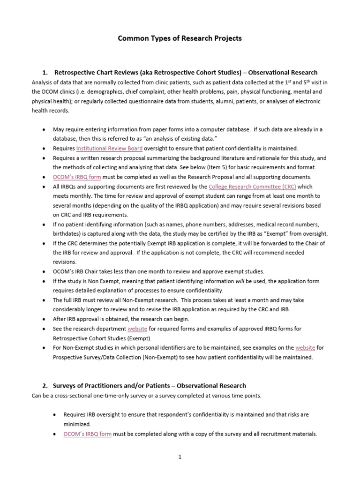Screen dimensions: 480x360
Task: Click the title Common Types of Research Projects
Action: [x=180, y=38]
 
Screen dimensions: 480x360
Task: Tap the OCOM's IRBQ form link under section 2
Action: [x=88, y=434]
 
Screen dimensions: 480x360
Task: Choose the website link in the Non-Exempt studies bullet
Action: [x=305, y=348]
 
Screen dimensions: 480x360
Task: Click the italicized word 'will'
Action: [x=240, y=281]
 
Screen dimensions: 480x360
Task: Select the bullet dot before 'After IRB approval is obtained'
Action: [x=44, y=319]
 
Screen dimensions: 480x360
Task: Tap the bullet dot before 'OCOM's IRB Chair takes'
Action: [x=44, y=271]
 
